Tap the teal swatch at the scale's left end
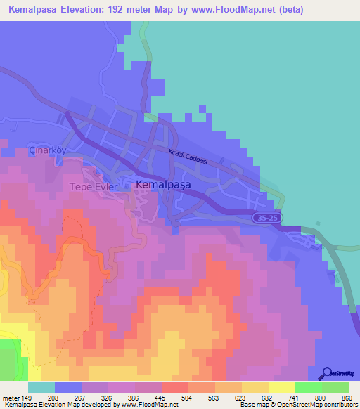tap(41, 387)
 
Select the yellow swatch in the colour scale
tap(282, 387)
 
